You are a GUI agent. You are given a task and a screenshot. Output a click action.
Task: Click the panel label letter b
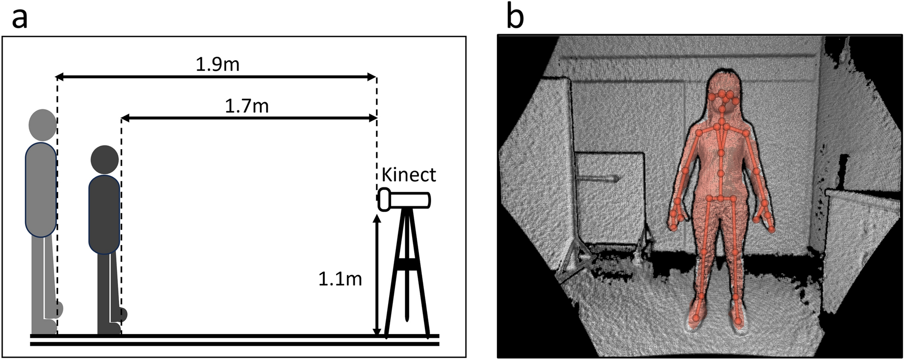pyautogui.click(x=514, y=18)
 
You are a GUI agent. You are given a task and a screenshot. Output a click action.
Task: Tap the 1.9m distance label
pyautogui.click(x=218, y=64)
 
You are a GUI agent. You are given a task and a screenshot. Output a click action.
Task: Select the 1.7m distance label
pyautogui.click(x=247, y=106)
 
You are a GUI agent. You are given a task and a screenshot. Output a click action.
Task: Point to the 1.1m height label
pyautogui.click(x=340, y=279)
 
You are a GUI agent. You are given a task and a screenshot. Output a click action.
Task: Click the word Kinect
pyautogui.click(x=409, y=175)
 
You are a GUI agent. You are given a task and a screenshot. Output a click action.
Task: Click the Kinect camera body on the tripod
pyautogui.click(x=406, y=200)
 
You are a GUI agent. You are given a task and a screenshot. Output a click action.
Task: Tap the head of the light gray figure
pyautogui.click(x=42, y=125)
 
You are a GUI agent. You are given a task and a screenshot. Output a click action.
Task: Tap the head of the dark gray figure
pyautogui.click(x=105, y=159)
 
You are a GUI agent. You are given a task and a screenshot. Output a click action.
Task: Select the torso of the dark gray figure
pyautogui.click(x=104, y=214)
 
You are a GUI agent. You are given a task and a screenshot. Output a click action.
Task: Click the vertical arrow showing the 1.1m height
pyautogui.click(x=377, y=276)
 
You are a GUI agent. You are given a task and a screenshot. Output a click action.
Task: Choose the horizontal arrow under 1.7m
pyautogui.click(x=249, y=118)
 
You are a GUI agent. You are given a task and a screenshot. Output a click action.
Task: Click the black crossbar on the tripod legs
pyautogui.click(x=407, y=265)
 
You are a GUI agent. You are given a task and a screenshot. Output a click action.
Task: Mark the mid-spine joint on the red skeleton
pyautogui.click(x=721, y=153)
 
